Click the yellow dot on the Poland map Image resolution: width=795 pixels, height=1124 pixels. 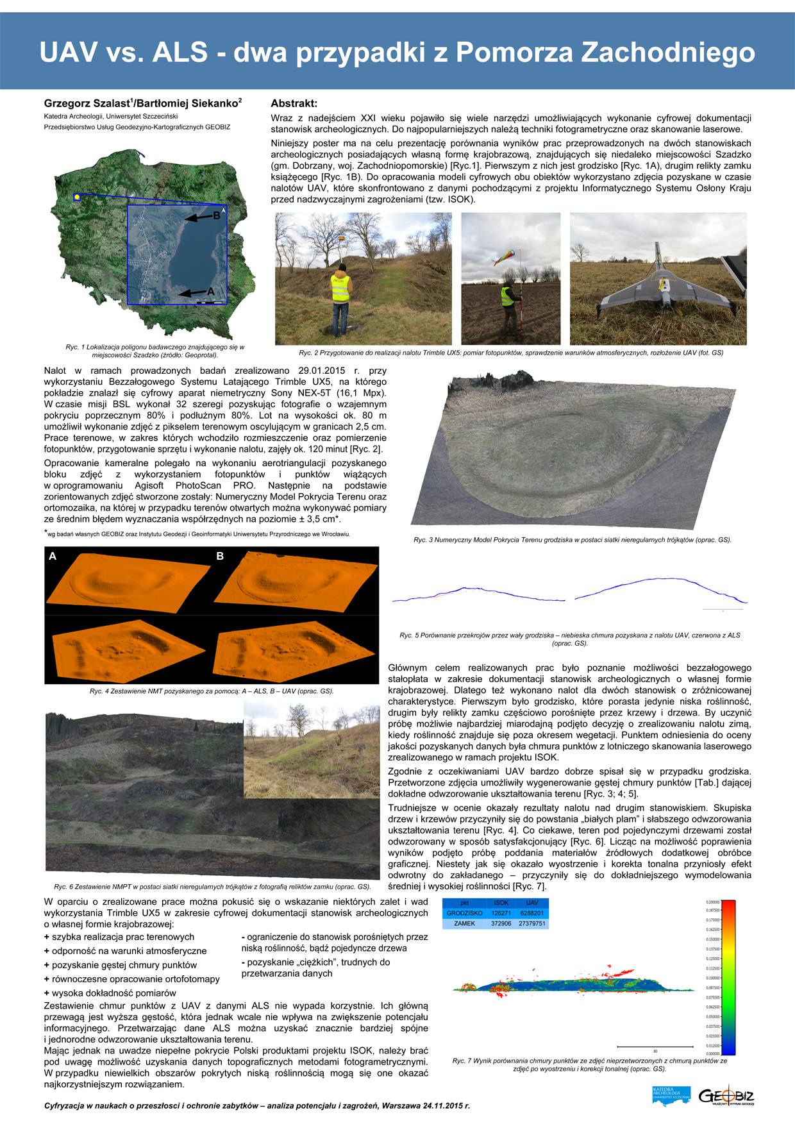[x=77, y=197]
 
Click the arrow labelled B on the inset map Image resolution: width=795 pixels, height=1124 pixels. [x=198, y=218]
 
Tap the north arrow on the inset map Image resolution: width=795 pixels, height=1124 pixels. [x=224, y=210]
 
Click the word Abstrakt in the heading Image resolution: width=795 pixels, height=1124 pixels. [x=294, y=103]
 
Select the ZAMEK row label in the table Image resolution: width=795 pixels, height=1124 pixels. [x=464, y=923]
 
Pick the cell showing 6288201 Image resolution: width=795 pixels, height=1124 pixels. [x=531, y=913]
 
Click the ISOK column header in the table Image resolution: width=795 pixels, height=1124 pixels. [x=501, y=903]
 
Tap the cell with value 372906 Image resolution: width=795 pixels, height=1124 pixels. [x=501, y=923]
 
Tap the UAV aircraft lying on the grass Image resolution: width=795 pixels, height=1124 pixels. [x=660, y=288]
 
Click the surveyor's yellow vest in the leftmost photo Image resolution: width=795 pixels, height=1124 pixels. [x=340, y=288]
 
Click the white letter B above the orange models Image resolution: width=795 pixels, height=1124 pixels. [x=220, y=556]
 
